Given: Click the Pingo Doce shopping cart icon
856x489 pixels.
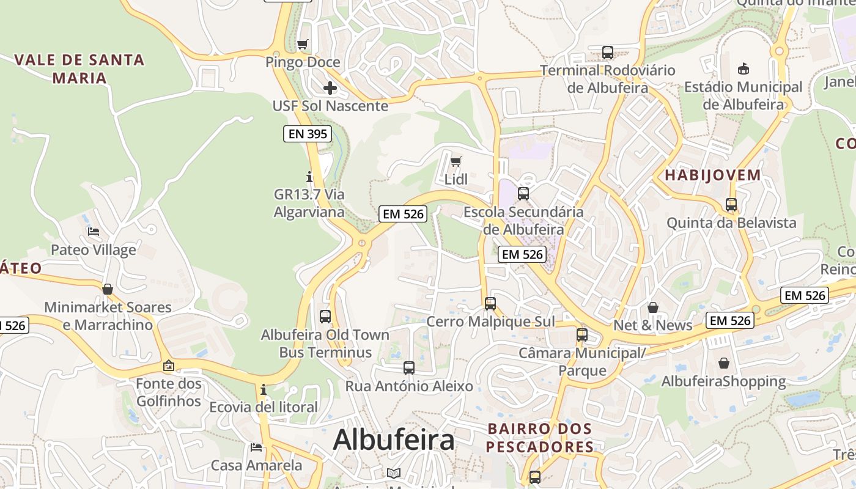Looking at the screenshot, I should [x=302, y=44].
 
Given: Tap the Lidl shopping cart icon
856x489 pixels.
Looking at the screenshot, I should [x=456, y=162].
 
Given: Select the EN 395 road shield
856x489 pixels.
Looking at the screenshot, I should [x=308, y=134].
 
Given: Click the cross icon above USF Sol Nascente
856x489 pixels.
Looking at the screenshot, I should [x=330, y=88].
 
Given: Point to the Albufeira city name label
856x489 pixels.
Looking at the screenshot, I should [x=394, y=439].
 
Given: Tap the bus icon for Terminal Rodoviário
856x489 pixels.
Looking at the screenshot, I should [x=607, y=53].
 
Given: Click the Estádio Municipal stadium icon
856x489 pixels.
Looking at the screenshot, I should [x=743, y=68].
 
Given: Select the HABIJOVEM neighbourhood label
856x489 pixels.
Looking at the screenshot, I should [x=713, y=175].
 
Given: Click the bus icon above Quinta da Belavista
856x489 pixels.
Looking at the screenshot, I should [x=731, y=205].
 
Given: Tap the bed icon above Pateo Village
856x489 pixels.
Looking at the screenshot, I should [x=94, y=232].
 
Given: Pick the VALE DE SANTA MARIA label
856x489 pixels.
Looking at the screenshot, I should [x=79, y=68].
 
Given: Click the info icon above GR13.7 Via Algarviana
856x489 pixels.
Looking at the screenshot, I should [x=309, y=177].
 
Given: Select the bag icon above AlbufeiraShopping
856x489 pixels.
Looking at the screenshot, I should [x=724, y=363].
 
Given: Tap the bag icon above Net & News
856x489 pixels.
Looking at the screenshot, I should [x=653, y=307].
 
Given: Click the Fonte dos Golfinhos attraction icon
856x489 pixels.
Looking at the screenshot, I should [x=168, y=366].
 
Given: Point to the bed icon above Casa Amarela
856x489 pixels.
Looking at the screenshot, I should [x=256, y=447].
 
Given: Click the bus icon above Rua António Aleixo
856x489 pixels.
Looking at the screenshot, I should [x=409, y=368].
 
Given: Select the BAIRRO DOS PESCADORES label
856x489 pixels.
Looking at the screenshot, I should [x=539, y=438].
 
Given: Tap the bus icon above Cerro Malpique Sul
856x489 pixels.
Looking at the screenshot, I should [x=490, y=303].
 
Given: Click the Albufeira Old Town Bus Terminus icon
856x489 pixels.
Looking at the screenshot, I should [x=325, y=317].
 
